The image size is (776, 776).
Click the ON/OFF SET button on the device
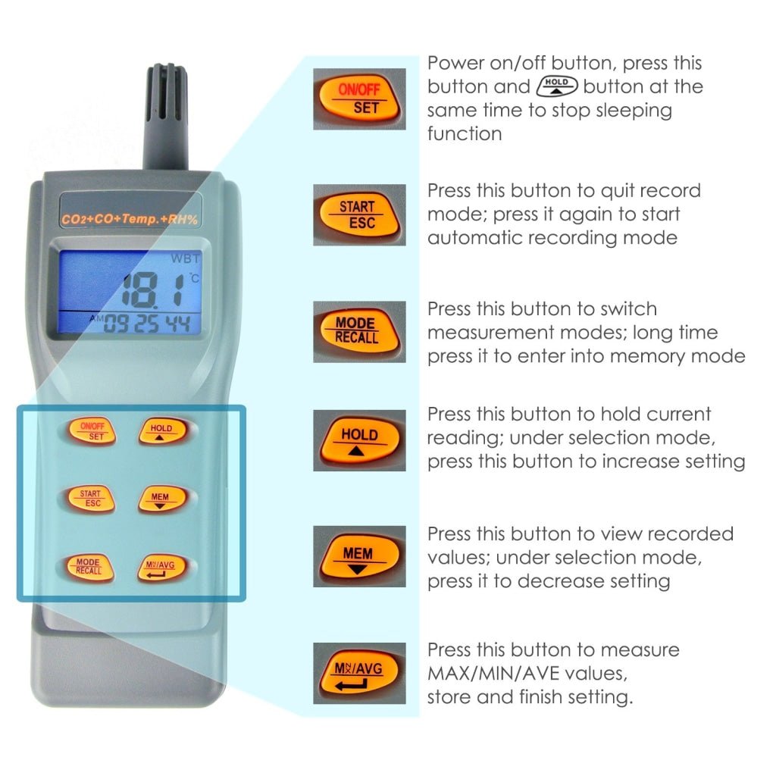(x=90, y=430)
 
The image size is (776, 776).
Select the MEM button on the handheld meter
(x=161, y=499)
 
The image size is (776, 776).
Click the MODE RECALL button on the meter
(x=89, y=566)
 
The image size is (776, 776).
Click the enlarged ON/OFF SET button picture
(x=359, y=99)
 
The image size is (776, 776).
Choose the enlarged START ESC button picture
(x=359, y=214)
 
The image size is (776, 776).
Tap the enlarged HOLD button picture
(x=359, y=440)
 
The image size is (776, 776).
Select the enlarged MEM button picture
(x=359, y=556)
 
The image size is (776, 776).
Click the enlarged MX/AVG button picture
(x=359, y=674)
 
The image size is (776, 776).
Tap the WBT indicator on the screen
(x=185, y=258)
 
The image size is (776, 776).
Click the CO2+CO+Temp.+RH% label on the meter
(x=132, y=220)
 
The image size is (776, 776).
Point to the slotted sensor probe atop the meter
(x=166, y=114)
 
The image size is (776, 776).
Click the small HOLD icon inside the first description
(x=556, y=86)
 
